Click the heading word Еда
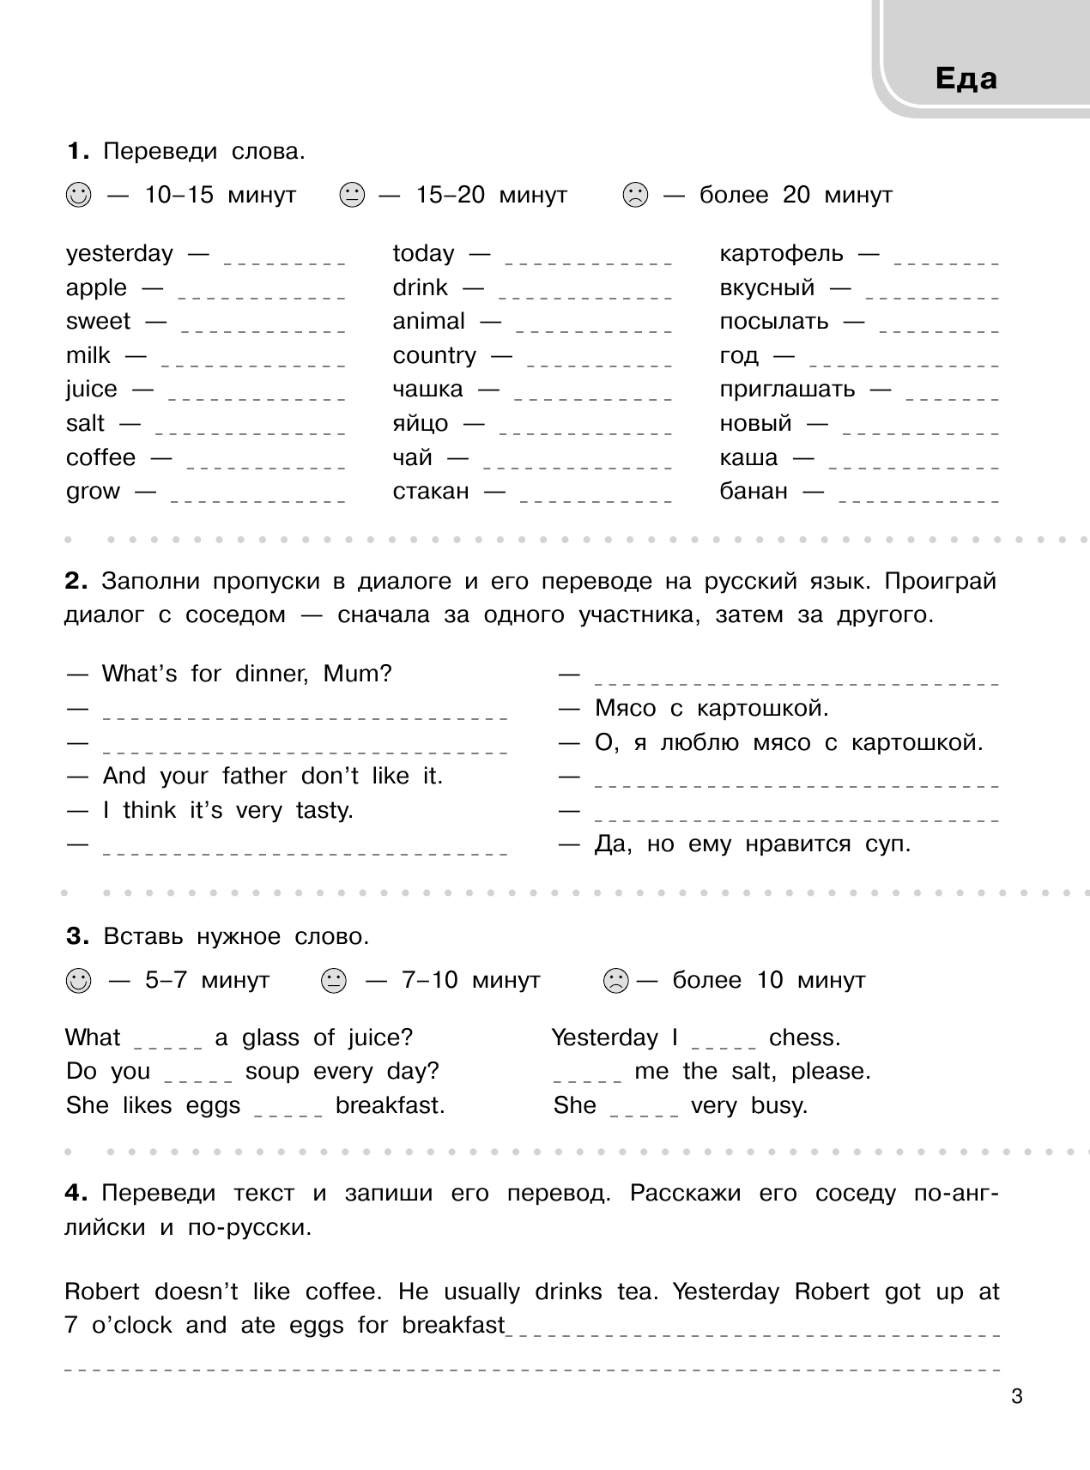(966, 79)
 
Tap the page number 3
(1017, 1397)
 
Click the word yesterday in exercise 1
(119, 254)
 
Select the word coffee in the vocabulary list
(100, 457)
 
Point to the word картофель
(781, 254)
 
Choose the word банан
(753, 492)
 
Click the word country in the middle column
(434, 355)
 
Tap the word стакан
(431, 492)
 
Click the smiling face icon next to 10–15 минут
(77, 196)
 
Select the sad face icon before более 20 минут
(635, 196)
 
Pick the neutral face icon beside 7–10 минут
(333, 980)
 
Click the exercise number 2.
(76, 582)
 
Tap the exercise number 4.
(76, 1194)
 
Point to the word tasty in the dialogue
(324, 810)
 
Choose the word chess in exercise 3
(804, 1038)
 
